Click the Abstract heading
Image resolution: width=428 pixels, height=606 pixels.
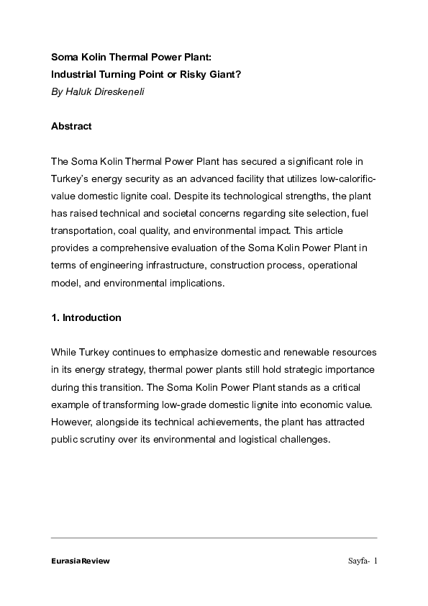[71, 126]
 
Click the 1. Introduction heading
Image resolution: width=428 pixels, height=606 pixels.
[86, 317]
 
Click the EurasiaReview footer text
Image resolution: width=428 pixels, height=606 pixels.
[80, 561]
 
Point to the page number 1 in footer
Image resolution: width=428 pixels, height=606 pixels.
[375, 561]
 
